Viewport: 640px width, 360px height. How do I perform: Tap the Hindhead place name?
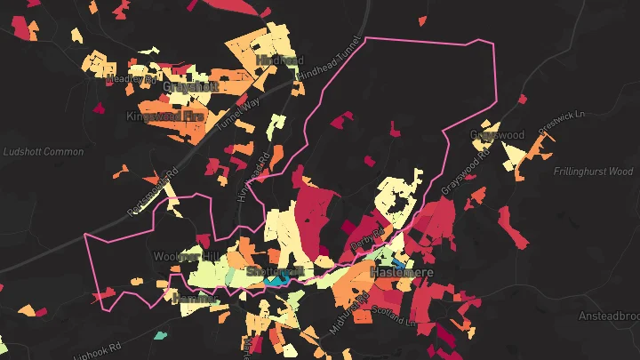275,60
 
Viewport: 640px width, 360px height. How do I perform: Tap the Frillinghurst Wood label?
592,171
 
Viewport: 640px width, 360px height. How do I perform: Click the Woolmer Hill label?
185,257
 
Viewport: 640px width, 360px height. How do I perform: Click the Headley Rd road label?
131,78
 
